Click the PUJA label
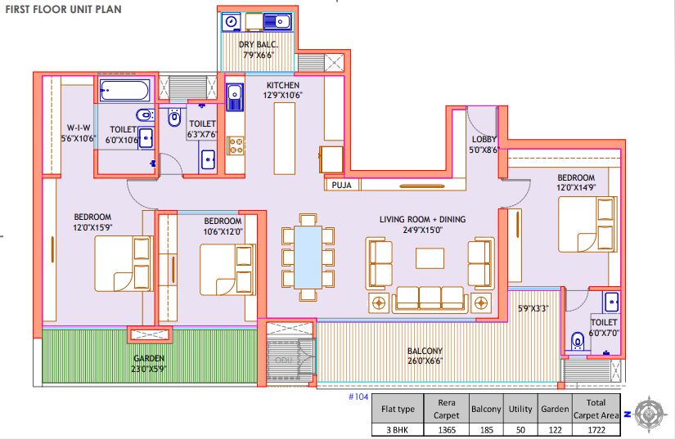pyautogui.click(x=341, y=185)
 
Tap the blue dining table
pyautogui.click(x=308, y=258)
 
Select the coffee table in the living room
pyautogui.click(x=430, y=258)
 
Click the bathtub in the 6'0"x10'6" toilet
pyautogui.click(x=125, y=90)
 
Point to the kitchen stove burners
pyautogui.click(x=236, y=146)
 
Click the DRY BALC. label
pyautogui.click(x=259, y=45)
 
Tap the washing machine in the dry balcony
pyautogui.click(x=232, y=21)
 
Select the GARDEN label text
pyautogui.click(x=149, y=358)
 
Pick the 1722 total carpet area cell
pyautogui.click(x=596, y=429)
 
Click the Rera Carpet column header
pyautogui.click(x=447, y=409)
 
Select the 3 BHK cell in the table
pyautogui.click(x=398, y=429)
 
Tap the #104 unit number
pyautogui.click(x=358, y=396)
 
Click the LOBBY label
pyautogui.click(x=484, y=139)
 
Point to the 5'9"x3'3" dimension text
pyautogui.click(x=533, y=308)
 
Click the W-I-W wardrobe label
pyautogui.click(x=79, y=128)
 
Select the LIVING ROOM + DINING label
pyautogui.click(x=422, y=219)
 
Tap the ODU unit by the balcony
pyautogui.click(x=284, y=361)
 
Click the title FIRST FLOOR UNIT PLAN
pyautogui.click(x=63, y=9)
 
